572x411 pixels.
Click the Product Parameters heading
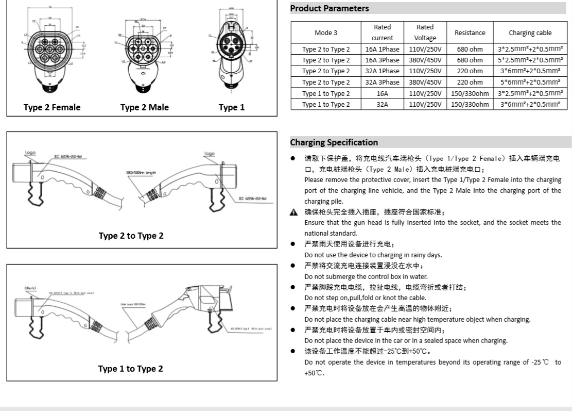(x=330, y=8)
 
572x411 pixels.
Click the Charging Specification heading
(x=334, y=142)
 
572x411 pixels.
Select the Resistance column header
(x=470, y=32)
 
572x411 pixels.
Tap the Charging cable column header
(x=530, y=32)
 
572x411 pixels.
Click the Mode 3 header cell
(x=325, y=32)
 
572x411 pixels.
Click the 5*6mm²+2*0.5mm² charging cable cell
(x=530, y=82)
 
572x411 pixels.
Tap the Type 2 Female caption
(x=52, y=107)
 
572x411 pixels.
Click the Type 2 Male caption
(x=144, y=107)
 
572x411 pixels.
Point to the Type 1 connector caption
(x=231, y=107)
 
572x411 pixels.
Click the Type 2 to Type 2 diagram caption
(x=131, y=236)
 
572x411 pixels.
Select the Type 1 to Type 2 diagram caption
(x=131, y=369)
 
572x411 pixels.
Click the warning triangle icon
(x=293, y=212)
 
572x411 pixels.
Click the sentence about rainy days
(x=373, y=255)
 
